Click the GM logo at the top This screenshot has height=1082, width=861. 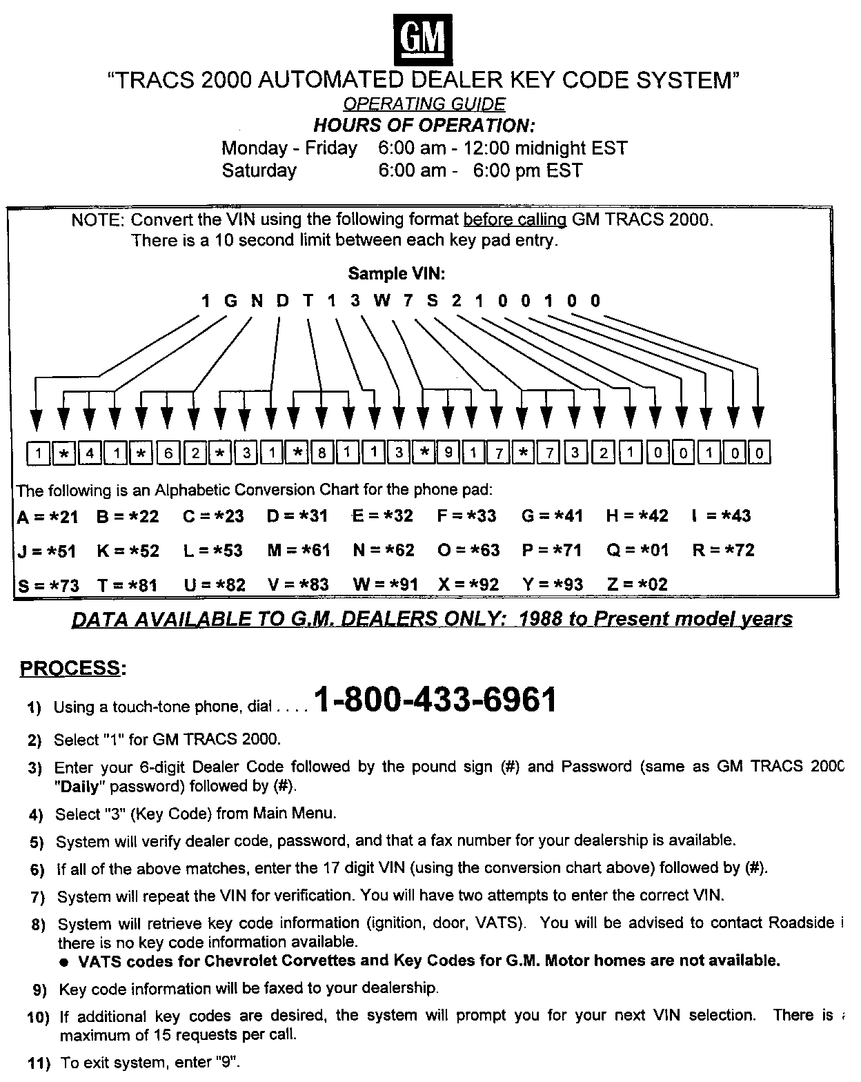coord(424,39)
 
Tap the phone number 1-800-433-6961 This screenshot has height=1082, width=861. coord(435,700)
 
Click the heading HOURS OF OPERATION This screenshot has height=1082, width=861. coord(424,126)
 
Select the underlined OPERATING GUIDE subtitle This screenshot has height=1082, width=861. coord(424,104)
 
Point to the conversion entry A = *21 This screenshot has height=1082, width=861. coord(48,516)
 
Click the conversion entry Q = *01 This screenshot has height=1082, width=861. coord(637,551)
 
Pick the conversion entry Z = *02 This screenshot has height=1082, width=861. coord(637,585)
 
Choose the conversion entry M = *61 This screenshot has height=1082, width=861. coord(299,551)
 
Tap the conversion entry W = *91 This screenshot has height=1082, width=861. coord(386,585)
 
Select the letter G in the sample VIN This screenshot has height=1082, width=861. coord(230,301)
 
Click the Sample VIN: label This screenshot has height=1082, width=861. coord(397,274)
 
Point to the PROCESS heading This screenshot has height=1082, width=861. coord(72,668)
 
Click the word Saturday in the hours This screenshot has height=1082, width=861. coord(259,170)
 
